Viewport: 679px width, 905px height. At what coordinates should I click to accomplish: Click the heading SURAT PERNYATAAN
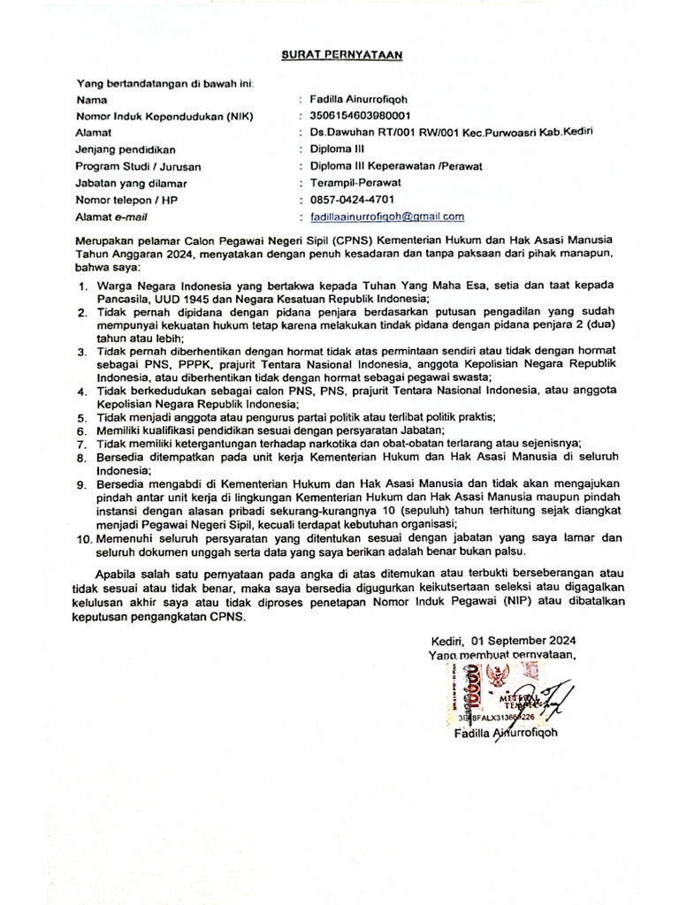341,54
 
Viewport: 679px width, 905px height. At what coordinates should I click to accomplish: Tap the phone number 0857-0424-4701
353,200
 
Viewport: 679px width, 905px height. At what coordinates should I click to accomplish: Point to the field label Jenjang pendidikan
126,149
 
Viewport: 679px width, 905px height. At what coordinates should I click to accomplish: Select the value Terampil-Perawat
349,183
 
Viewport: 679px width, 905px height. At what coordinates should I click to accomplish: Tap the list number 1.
80,287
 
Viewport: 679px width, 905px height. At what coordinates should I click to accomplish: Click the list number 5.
80,417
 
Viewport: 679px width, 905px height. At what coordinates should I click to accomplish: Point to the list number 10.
83,536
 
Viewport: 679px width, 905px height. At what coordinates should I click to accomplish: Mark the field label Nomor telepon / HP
127,200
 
